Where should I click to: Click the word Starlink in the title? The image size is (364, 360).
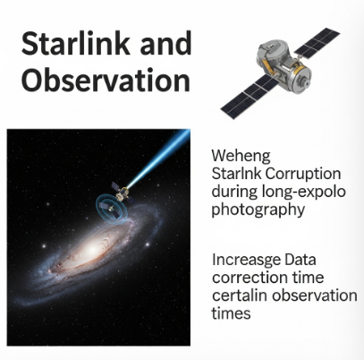pos(76,44)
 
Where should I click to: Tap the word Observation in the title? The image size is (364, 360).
pos(106,80)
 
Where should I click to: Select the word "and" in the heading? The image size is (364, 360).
pos(165,44)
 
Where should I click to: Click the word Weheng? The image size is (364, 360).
pos(241,156)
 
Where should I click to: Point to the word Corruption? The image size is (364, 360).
pos(303,174)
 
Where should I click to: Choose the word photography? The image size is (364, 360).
pos(258,210)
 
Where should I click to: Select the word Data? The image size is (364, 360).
pos(300,260)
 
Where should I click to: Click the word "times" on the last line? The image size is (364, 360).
pos(231,313)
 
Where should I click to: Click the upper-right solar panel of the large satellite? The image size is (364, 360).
pos(317,43)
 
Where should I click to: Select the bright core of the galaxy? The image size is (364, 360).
pos(90,248)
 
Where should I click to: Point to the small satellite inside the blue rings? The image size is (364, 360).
pos(108,207)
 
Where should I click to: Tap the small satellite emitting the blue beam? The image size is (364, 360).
pos(122,193)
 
